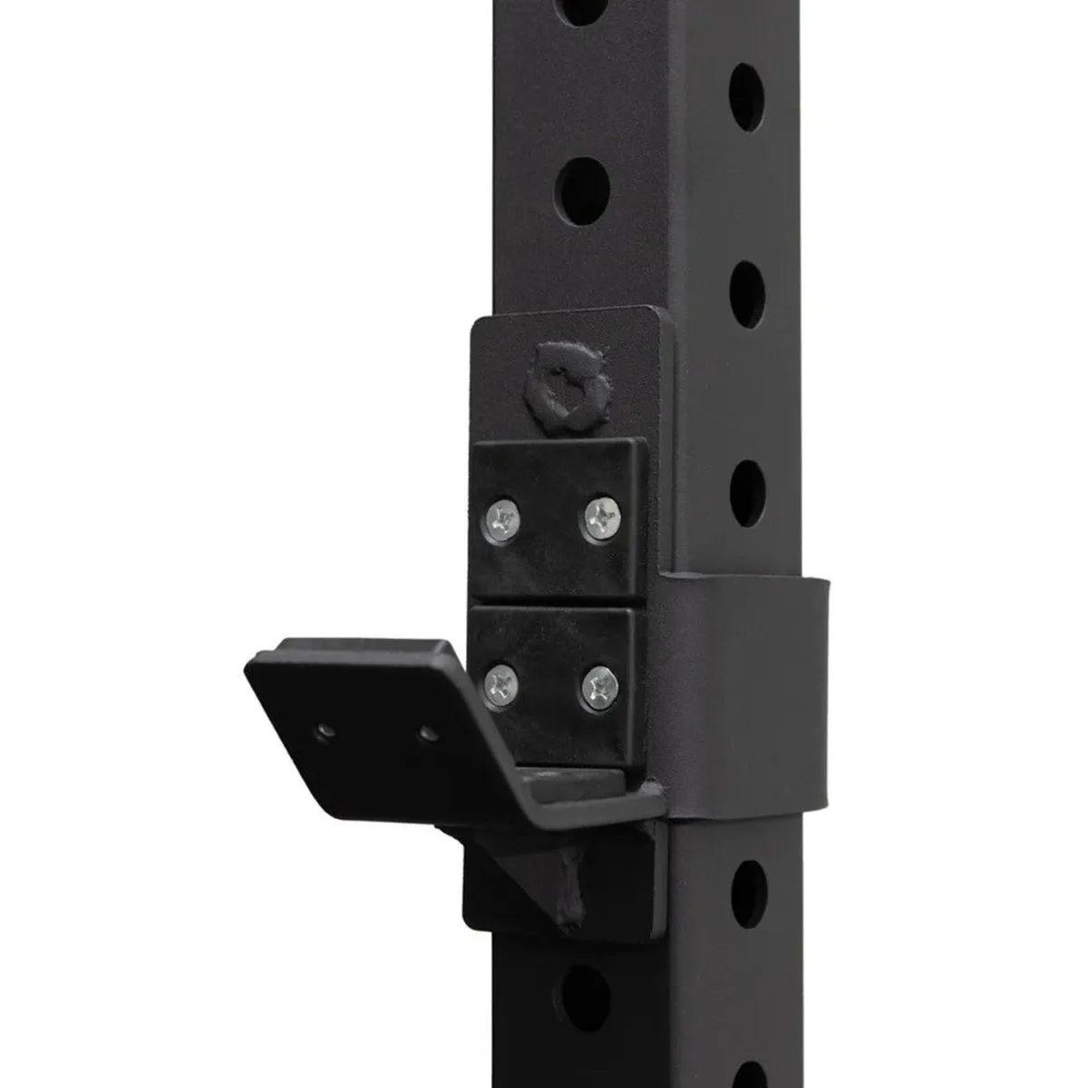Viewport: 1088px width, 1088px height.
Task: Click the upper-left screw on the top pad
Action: [501, 520]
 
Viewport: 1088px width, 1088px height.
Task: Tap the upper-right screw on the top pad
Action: [600, 518]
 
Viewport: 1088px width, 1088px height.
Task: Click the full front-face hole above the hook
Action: [581, 190]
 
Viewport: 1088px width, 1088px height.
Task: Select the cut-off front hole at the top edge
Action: [580, 9]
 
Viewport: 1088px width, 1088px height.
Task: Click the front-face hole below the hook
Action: [583, 998]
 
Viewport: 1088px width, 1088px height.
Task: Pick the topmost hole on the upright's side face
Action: [746, 97]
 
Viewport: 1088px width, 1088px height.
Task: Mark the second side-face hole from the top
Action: [746, 295]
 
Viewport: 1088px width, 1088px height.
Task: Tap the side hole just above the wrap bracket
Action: [748, 493]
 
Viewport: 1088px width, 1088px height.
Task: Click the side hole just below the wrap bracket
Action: [749, 893]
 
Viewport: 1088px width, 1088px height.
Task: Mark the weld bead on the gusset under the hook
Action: [570, 893]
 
